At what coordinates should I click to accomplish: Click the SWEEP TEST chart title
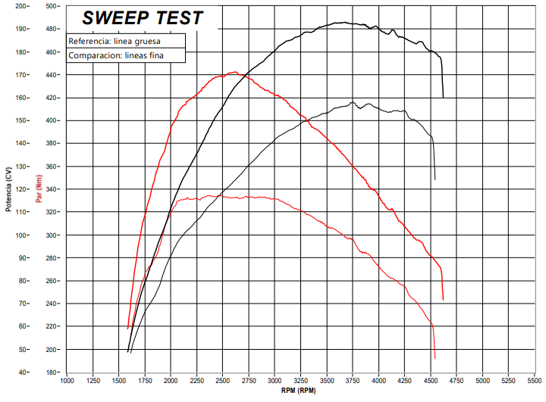[143, 18]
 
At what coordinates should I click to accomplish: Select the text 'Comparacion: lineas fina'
[116, 55]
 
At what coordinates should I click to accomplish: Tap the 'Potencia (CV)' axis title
[8, 189]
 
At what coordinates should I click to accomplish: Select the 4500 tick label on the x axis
[431, 381]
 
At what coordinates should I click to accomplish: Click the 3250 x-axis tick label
[300, 381]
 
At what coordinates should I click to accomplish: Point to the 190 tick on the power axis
[20, 29]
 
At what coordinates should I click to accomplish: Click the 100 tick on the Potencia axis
[20, 235]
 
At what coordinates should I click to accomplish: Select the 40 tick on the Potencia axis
[22, 372]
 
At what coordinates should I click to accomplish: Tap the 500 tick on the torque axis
[52, 6]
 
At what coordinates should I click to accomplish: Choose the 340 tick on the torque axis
[52, 189]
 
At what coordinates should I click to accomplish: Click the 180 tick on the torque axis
[52, 372]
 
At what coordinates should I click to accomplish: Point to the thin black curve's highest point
[353, 102]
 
